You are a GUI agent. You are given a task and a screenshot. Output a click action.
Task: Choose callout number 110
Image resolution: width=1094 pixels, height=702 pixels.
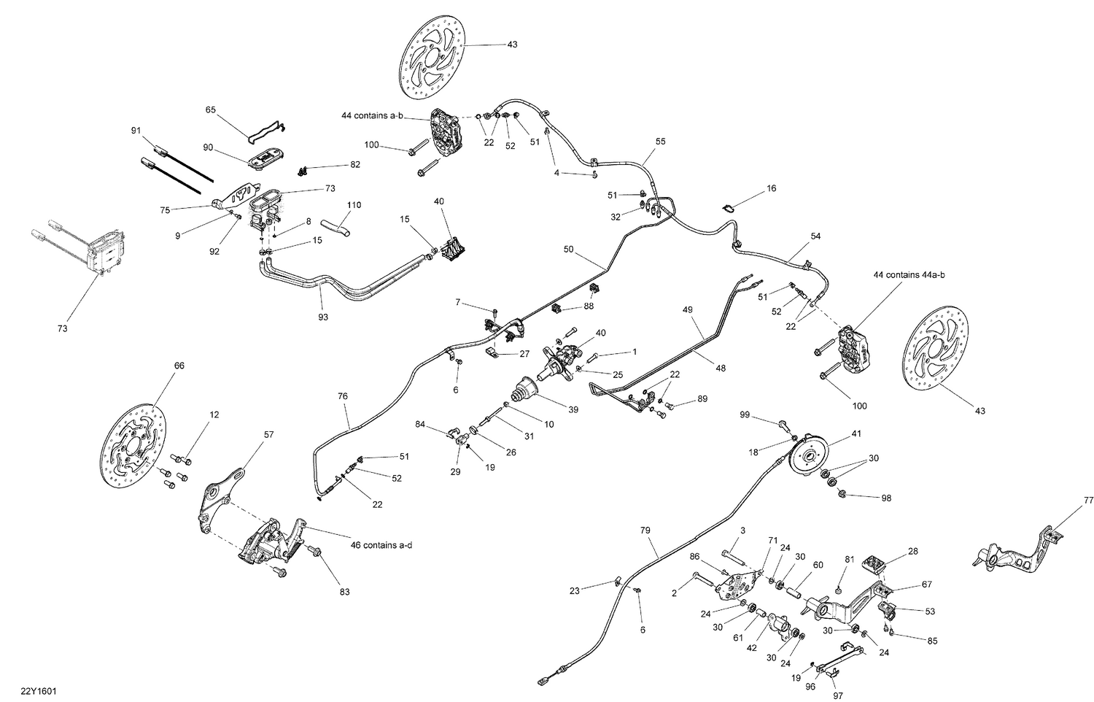tap(354, 205)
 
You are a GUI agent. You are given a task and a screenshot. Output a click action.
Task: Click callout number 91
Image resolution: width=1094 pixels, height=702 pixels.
tap(136, 131)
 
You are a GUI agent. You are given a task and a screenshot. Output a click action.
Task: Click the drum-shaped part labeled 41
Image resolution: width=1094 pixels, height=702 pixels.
tap(809, 455)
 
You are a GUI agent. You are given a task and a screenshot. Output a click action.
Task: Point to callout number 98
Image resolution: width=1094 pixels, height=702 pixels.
tap(885, 498)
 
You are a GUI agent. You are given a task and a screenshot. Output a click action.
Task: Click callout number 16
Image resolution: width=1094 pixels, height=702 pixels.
tap(771, 188)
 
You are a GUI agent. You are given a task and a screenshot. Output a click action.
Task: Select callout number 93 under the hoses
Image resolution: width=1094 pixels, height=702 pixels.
tap(323, 317)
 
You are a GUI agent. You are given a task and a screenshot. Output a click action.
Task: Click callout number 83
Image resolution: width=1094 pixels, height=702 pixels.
tap(344, 592)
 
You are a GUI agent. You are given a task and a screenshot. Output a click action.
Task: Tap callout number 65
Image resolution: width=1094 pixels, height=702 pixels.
tap(211, 110)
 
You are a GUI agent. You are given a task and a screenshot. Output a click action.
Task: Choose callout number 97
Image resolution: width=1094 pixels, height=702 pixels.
tap(838, 695)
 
